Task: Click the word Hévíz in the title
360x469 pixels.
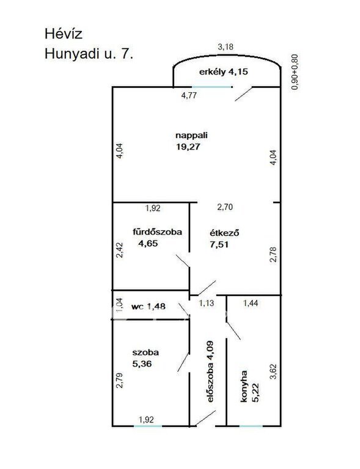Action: (63, 34)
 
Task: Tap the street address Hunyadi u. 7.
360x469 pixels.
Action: (89, 54)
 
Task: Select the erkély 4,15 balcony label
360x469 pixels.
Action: (224, 72)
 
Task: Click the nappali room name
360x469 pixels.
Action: (191, 136)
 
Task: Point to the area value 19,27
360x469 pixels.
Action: (188, 147)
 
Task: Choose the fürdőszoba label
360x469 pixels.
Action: (157, 232)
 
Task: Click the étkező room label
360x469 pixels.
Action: (224, 233)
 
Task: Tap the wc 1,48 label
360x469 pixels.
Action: (149, 307)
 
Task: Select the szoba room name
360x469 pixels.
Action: (145, 352)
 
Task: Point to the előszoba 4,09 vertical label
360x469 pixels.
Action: (210, 371)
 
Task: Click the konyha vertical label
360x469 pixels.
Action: (244, 386)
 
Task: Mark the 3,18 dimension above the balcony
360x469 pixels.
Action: (226, 47)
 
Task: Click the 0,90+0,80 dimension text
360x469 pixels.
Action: (295, 72)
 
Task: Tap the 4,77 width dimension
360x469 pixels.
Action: (189, 95)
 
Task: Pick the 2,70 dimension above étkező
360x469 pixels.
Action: (225, 207)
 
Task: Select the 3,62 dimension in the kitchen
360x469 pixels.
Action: (273, 372)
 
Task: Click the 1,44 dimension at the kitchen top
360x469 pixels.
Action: (251, 304)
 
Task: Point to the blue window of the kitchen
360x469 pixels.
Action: (251, 426)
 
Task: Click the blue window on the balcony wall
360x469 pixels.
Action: (212, 87)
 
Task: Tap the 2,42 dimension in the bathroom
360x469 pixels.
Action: (120, 250)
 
